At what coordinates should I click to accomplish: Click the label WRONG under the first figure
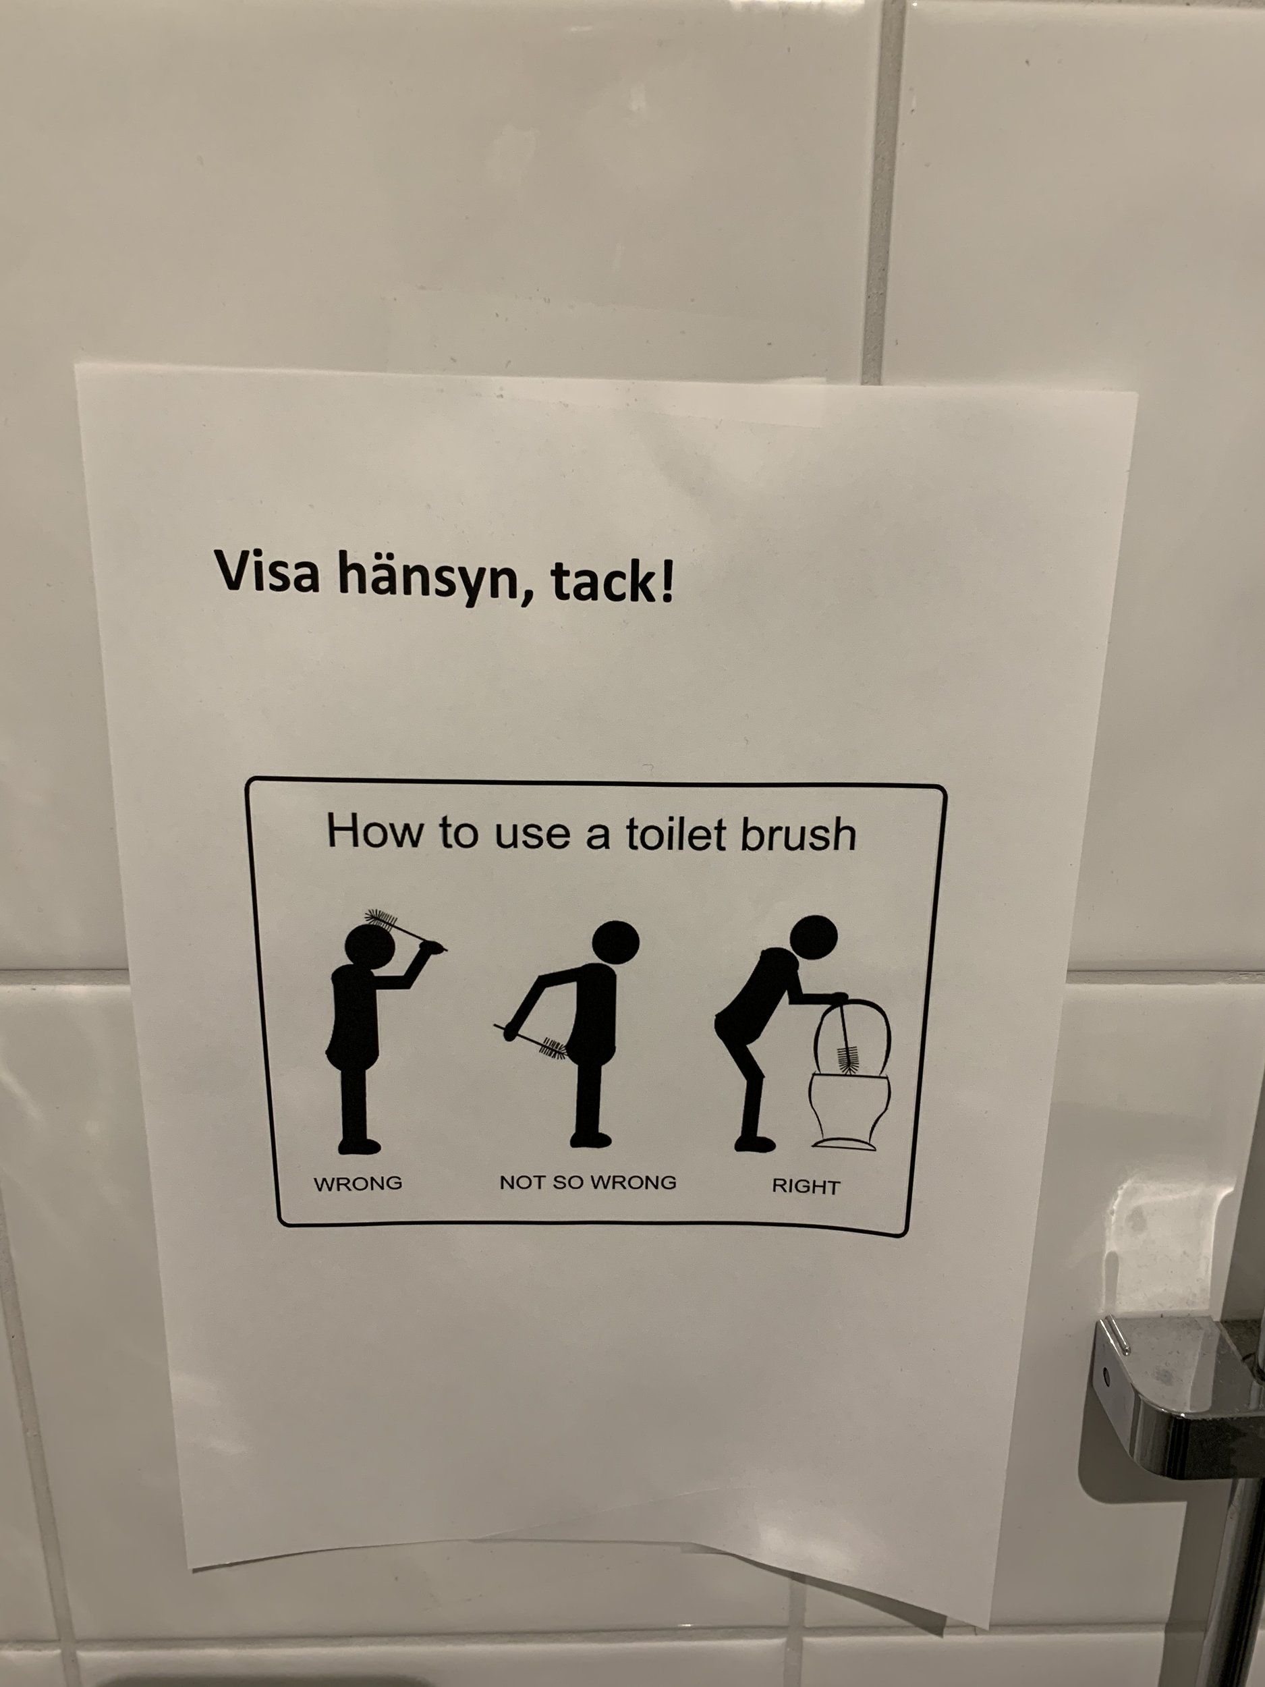[358, 1184]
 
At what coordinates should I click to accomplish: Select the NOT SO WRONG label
[588, 1183]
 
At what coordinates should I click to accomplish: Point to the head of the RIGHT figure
[814, 938]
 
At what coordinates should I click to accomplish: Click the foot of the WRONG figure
[359, 1146]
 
